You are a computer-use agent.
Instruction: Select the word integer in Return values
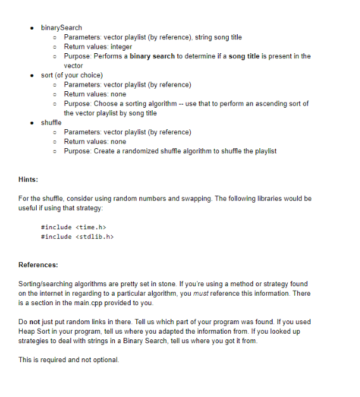(x=117, y=47)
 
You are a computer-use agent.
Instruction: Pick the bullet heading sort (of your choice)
(x=71, y=75)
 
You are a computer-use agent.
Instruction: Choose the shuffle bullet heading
(x=51, y=123)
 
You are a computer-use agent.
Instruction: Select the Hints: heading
(x=29, y=180)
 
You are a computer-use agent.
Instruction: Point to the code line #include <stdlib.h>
(x=76, y=237)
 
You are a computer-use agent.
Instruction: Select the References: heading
(x=38, y=265)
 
